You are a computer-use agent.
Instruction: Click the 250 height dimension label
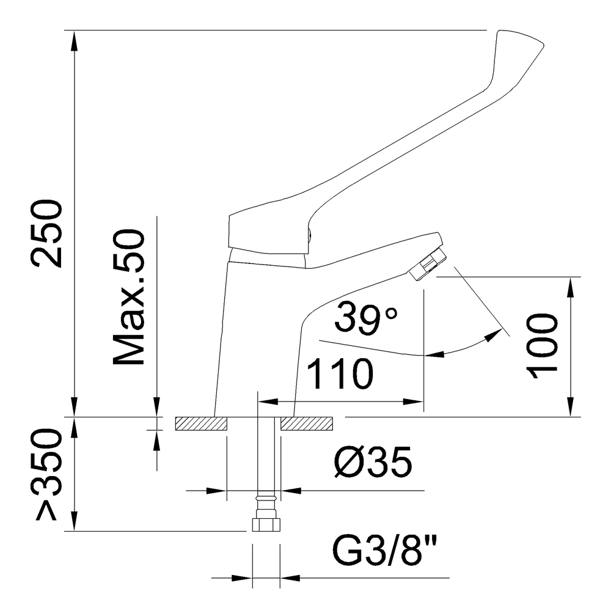[48, 233]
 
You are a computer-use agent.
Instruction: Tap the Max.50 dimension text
[128, 298]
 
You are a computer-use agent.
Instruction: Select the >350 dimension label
[48, 474]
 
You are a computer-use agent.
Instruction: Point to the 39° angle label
[366, 319]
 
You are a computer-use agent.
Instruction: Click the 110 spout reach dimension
[340, 374]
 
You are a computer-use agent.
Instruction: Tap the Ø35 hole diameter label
[373, 462]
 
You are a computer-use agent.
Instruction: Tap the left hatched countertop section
[201, 423]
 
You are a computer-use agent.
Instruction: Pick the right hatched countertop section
[307, 423]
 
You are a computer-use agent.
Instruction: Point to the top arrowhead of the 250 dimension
[75, 40]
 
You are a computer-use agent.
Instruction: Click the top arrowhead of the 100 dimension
[571, 287]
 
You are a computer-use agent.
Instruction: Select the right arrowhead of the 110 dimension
[413, 401]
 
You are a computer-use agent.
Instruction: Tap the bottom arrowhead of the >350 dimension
[75, 520]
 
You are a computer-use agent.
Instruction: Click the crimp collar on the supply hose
[266, 499]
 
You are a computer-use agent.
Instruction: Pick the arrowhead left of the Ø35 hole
[216, 490]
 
